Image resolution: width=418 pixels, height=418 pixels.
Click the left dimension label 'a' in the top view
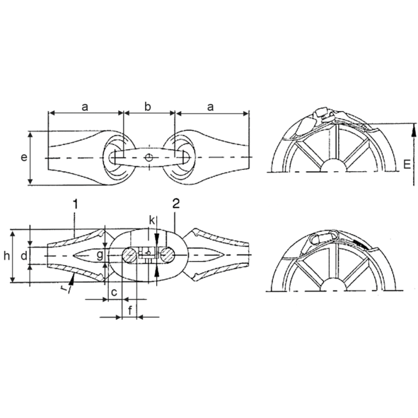click(85, 106)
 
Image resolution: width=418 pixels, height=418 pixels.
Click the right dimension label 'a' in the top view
click(211, 106)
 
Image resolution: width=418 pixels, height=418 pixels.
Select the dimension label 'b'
click(148, 106)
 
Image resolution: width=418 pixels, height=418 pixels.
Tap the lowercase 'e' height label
click(25, 157)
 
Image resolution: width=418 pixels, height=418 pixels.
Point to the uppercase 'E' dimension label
click(406, 164)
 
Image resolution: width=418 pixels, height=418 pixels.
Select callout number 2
click(175, 204)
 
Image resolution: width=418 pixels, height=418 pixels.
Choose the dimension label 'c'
click(113, 291)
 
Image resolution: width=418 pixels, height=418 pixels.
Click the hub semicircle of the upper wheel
click(333, 166)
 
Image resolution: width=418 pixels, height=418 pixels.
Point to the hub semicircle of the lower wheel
click(333, 284)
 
